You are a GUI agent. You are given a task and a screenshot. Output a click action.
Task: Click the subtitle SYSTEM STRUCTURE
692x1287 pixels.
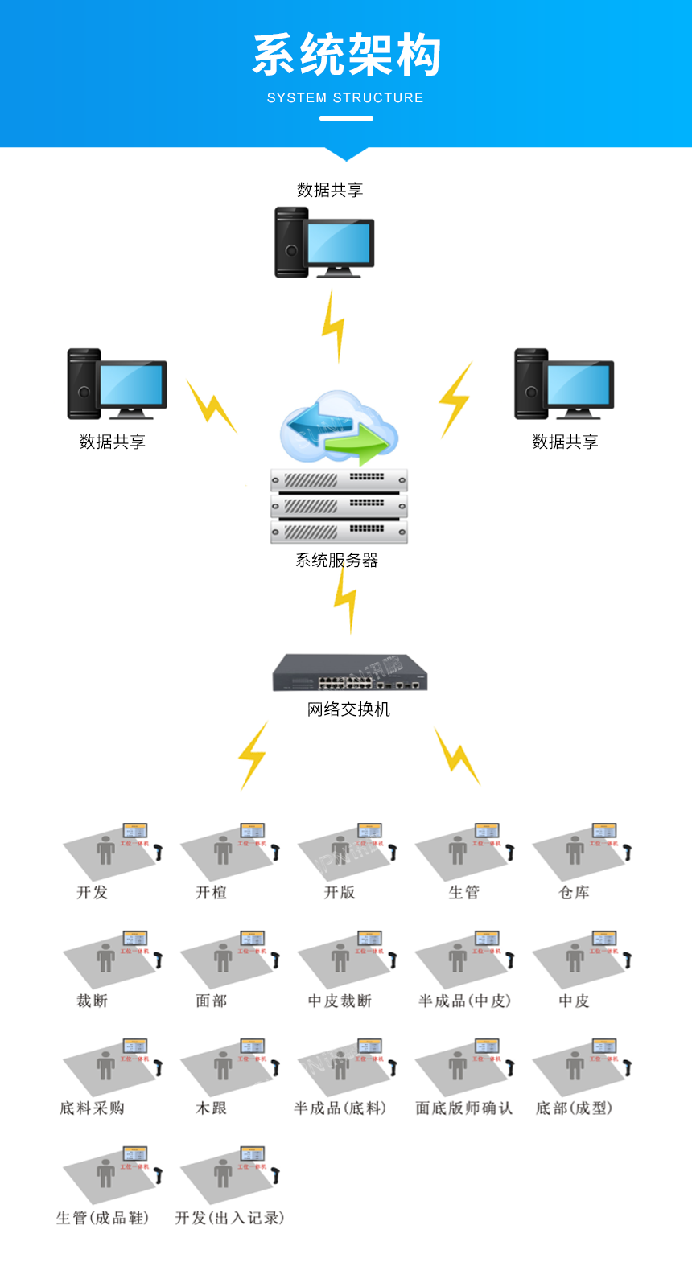345,97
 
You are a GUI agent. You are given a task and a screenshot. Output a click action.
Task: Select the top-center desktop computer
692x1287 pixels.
323,242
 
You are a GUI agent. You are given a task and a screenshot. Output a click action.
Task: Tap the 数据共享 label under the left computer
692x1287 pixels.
112,442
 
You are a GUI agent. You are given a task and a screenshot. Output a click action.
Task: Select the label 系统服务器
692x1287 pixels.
336,561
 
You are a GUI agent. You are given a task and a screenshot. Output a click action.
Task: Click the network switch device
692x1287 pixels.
349,672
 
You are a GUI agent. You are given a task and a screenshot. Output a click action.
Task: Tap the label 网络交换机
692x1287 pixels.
348,709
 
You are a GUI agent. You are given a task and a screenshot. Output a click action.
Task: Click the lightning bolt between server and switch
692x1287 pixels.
346,599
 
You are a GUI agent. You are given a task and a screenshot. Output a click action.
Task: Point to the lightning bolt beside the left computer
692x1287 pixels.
211,405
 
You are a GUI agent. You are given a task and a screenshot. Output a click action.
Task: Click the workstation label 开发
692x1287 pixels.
92,892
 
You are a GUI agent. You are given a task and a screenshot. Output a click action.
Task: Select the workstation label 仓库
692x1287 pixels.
574,892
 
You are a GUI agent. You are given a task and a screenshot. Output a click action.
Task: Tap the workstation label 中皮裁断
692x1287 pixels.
340,1001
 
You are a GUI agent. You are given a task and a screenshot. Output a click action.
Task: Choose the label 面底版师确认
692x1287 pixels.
463,1108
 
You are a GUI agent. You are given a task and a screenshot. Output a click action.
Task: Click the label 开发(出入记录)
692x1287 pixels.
229,1218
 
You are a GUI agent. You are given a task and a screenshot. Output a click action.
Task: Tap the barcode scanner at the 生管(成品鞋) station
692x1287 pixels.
159,1174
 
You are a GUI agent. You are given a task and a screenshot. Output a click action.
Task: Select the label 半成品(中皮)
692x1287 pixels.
464,1001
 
